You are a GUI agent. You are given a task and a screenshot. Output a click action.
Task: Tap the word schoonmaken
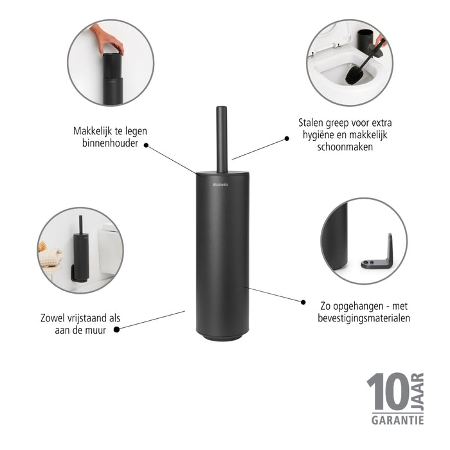(x=345, y=147)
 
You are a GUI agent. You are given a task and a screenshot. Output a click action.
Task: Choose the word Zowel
(x=53, y=318)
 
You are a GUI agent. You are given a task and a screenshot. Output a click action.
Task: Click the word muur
(x=98, y=330)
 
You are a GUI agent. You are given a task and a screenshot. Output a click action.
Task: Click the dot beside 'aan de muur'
(x=117, y=329)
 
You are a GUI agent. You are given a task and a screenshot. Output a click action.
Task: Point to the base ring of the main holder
(x=222, y=335)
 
